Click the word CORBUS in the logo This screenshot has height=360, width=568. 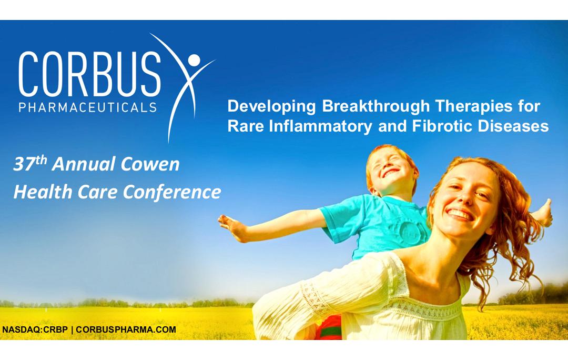(x=89, y=74)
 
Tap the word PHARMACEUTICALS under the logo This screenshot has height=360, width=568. (x=88, y=107)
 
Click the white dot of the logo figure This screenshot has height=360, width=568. (x=194, y=60)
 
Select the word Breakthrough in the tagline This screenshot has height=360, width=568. (x=376, y=107)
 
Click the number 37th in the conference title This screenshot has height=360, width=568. (x=30, y=164)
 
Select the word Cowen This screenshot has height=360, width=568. (x=150, y=164)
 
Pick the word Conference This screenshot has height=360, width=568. (x=171, y=192)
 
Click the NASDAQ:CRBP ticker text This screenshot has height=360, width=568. (x=35, y=330)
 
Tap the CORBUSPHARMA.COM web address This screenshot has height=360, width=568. (x=126, y=330)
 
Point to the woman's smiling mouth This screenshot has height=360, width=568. (x=460, y=214)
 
